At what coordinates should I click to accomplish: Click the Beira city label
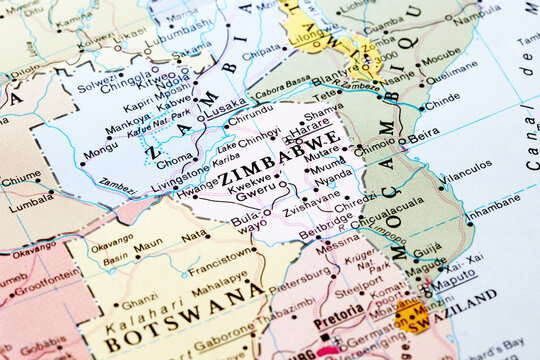[x=424, y=133]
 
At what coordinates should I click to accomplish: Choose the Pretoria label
[x=338, y=323]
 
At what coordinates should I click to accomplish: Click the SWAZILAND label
[x=462, y=299]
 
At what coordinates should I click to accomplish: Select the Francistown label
[x=222, y=269]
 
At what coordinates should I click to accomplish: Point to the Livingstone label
[x=181, y=172]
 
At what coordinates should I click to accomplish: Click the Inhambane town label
[x=493, y=212]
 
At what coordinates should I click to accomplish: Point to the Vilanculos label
[x=468, y=177]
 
